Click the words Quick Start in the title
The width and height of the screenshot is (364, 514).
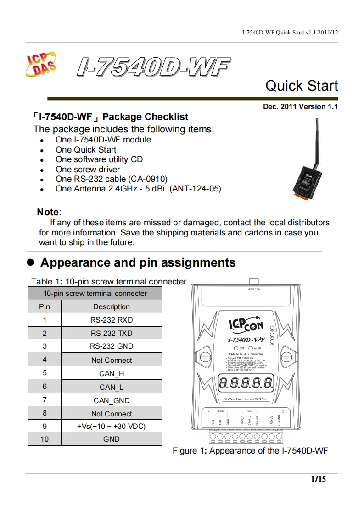tap(302, 86)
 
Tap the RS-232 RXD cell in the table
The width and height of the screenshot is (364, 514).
tap(112, 320)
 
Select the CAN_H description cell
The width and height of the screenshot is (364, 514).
tap(112, 373)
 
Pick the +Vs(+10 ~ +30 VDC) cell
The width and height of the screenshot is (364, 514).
tap(112, 427)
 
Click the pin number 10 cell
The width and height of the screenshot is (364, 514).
tap(45, 439)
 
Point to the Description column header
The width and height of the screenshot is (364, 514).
tap(112, 306)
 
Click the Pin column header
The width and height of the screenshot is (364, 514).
tap(45, 306)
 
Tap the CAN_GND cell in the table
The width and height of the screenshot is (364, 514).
tap(112, 400)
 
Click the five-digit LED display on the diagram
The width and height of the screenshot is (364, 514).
tap(246, 382)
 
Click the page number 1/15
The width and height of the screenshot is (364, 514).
tap(318, 479)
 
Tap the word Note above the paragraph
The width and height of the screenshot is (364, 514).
tap(48, 212)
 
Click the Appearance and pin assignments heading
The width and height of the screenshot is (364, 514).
tap(138, 262)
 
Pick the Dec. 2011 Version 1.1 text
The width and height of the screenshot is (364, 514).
tap(300, 107)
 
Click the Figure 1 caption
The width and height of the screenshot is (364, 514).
tap(250, 451)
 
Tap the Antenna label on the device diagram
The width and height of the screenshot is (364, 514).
tap(254, 289)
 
